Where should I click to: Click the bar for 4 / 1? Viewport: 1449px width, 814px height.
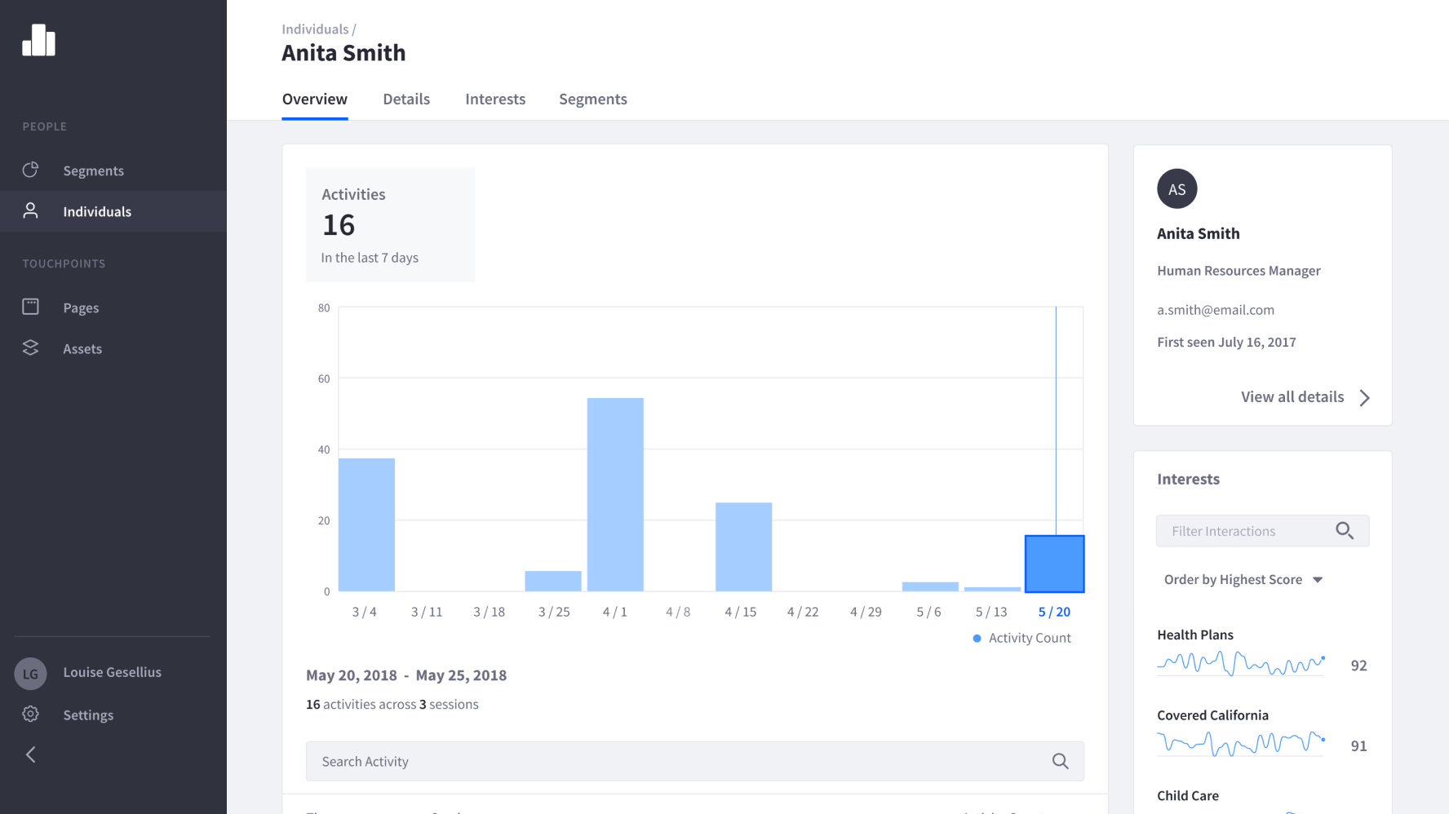(x=615, y=494)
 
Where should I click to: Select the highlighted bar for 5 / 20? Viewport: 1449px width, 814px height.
(x=1054, y=564)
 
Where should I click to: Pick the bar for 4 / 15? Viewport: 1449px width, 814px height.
(x=743, y=546)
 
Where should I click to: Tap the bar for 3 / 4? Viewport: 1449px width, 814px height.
(x=366, y=524)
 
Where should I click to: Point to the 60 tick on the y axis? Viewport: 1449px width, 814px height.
(x=324, y=378)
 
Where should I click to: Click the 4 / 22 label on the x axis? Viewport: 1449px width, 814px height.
(x=803, y=612)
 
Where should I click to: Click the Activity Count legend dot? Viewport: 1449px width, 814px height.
(x=977, y=638)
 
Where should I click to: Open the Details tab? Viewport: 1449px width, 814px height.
(x=406, y=99)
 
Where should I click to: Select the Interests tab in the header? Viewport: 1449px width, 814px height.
(x=495, y=99)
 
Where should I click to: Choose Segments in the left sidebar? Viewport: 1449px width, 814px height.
(x=94, y=170)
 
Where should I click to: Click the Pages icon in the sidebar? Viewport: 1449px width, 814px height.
(x=30, y=307)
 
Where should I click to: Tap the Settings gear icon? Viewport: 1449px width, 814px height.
(x=30, y=714)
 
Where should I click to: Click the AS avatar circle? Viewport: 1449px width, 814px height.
(x=1176, y=189)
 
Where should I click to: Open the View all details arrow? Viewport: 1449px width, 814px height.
(x=1364, y=397)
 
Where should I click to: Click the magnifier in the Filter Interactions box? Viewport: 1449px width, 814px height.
(x=1345, y=531)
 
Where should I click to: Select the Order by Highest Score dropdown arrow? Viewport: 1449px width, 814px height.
(x=1318, y=580)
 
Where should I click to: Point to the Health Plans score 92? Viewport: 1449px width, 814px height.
(x=1358, y=666)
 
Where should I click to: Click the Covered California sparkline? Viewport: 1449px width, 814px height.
(x=1241, y=743)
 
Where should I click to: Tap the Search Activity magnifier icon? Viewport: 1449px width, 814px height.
(x=1060, y=761)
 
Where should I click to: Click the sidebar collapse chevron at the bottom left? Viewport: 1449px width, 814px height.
(x=31, y=754)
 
